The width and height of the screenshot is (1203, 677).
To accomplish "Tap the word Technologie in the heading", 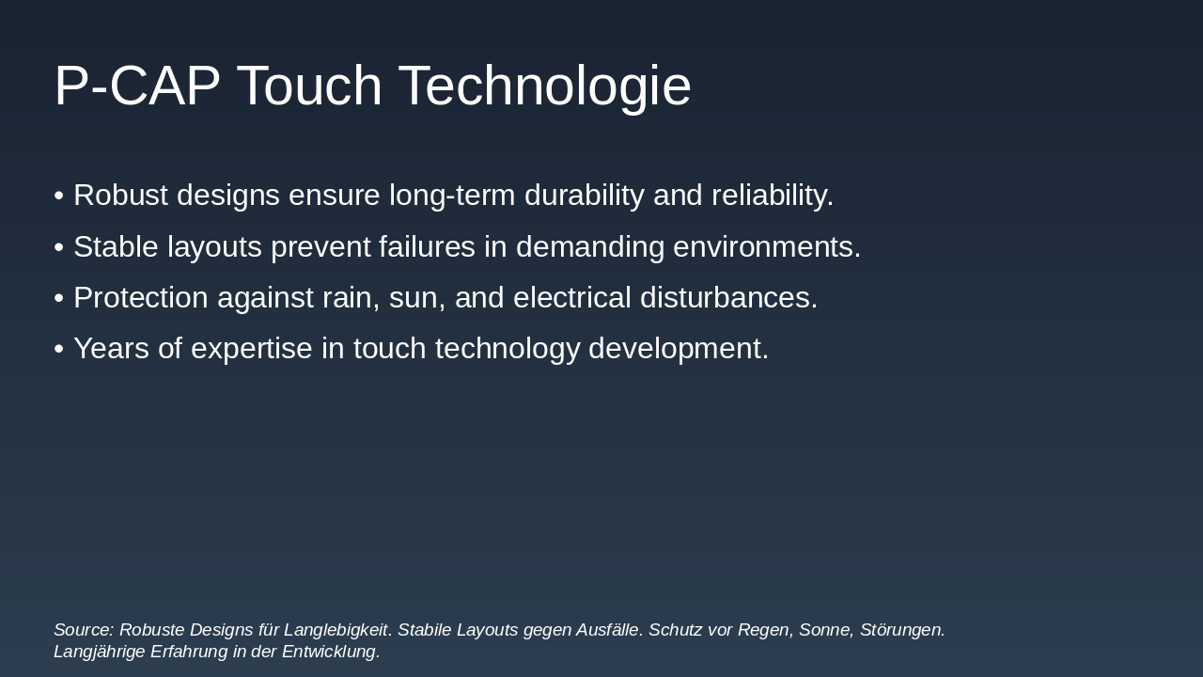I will [545, 87].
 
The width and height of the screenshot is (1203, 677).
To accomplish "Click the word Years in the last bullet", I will [111, 349].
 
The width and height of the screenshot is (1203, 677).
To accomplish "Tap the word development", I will [678, 349].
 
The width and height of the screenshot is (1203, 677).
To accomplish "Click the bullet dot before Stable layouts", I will [58, 247].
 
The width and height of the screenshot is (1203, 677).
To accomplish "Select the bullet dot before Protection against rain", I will [58, 298].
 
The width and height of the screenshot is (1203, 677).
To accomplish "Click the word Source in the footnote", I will [83, 630].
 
